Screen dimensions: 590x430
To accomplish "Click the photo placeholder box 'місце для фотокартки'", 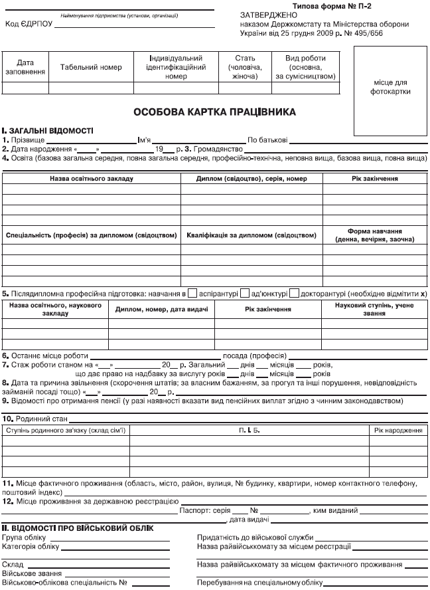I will pos(390,86).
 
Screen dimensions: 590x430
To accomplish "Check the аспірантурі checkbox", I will pos(192,292).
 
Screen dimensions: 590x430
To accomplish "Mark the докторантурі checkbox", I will pos(295,292).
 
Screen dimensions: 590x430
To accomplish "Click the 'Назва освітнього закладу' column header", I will pos(91,179).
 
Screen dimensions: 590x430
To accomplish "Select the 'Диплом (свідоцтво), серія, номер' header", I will pos(251,179).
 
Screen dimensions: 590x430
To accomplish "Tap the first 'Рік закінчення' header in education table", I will pos(375,179).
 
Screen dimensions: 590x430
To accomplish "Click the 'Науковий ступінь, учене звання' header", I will pos(375,309).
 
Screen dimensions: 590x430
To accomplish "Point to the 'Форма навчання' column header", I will pos(375,235).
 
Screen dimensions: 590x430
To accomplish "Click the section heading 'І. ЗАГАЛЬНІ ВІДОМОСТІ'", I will pos(48,131).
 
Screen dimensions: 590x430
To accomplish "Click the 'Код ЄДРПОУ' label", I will pos(27,25).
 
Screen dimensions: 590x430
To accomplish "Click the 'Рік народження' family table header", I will pos(397,431).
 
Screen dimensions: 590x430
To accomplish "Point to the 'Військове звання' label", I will pos(33,572).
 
